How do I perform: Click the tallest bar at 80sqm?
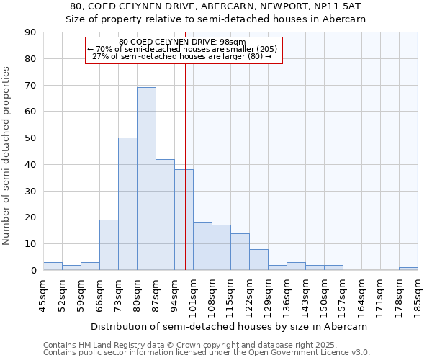tap(146, 179)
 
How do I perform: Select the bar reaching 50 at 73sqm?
tap(127, 204)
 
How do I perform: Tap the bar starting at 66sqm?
tap(109, 245)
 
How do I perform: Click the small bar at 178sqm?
tap(408, 269)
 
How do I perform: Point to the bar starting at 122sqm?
tap(258, 260)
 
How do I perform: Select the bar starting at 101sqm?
tap(202, 246)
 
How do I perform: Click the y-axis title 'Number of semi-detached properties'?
tap(7, 156)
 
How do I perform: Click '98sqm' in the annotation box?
tap(233, 42)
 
